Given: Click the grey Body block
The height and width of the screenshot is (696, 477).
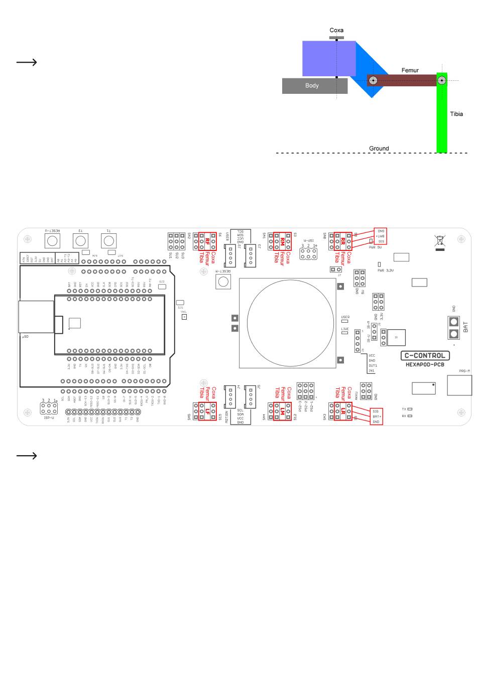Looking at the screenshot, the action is (x=314, y=86).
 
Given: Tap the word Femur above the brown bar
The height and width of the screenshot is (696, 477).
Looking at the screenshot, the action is (x=410, y=71).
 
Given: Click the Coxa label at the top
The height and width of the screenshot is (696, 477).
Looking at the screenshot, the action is (x=336, y=31).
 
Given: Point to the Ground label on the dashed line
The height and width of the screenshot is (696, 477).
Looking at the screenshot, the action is (x=379, y=149).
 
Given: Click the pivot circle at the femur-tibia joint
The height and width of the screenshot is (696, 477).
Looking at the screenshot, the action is (x=441, y=80).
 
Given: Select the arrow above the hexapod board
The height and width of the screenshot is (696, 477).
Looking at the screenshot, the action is (x=27, y=62).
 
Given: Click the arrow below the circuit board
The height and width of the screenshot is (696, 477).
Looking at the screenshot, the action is (x=27, y=456).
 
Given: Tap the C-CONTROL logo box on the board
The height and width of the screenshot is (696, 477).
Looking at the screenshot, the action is (x=425, y=356).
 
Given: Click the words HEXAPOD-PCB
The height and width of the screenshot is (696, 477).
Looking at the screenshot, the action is (x=425, y=365).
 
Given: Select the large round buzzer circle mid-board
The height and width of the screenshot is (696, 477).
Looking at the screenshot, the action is (x=290, y=323).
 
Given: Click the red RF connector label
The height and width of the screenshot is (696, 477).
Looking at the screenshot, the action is (x=207, y=241).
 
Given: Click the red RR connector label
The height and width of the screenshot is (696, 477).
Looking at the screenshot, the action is (x=343, y=241).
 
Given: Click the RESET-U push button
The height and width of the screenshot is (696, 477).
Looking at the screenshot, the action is (x=52, y=241).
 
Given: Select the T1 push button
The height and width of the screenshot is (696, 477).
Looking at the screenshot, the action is (x=109, y=241).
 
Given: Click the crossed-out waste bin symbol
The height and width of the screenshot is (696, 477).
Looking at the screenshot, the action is (x=440, y=241).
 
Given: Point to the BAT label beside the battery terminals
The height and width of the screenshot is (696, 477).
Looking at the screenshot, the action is (x=466, y=327).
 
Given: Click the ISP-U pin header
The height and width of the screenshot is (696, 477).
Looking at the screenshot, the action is (x=49, y=408).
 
